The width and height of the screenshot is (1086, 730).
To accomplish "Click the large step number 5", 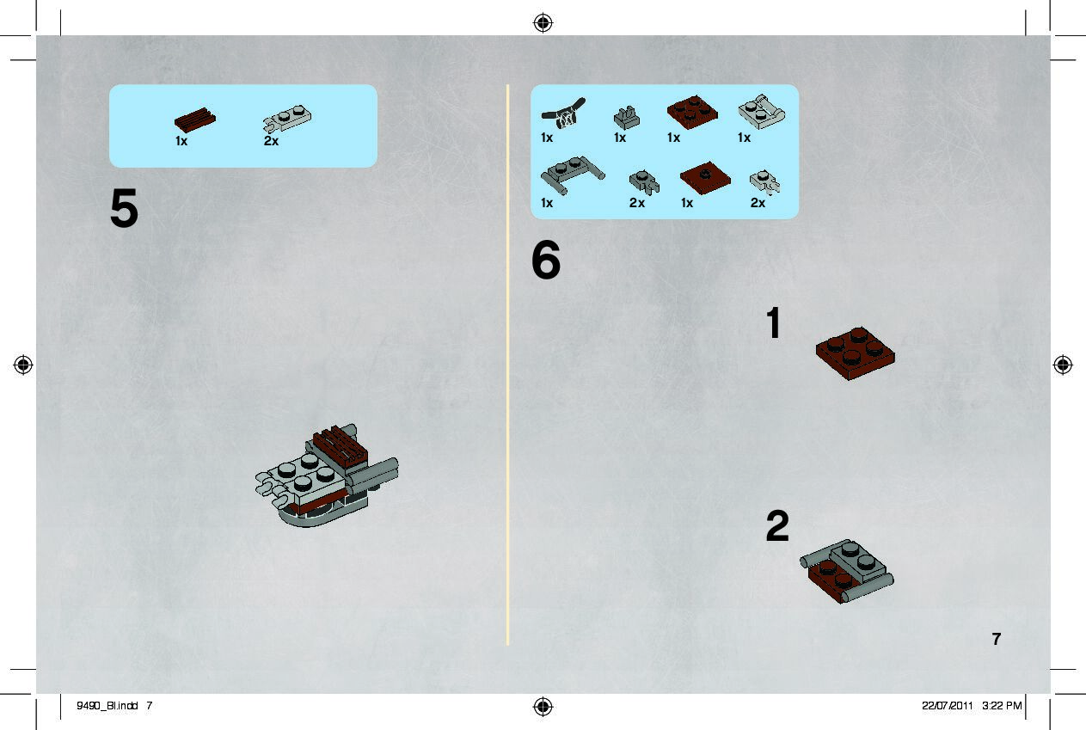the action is (x=124, y=208).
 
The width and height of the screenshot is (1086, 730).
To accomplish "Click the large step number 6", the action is (x=546, y=260).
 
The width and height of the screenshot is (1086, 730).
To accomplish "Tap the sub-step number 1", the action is (x=774, y=322).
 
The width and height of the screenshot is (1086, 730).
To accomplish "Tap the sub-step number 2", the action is (x=777, y=525).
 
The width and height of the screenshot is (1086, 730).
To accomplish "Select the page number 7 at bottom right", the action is (x=997, y=639).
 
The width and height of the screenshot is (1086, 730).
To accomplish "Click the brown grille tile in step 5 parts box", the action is (x=195, y=120).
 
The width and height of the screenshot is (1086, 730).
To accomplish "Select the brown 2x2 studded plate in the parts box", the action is (x=692, y=112).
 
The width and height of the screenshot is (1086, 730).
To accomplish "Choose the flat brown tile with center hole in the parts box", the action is (x=705, y=177).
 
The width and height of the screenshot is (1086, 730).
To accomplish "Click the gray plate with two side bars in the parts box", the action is (x=573, y=174).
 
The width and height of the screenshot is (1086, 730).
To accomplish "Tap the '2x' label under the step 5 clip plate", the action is (x=271, y=141).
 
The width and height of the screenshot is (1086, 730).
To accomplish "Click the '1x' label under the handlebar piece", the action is (x=547, y=138).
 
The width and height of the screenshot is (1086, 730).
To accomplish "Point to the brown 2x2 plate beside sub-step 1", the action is (x=856, y=353).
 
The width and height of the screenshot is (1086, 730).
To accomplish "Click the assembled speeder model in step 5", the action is (x=327, y=476).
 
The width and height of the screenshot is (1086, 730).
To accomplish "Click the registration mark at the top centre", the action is (x=543, y=22).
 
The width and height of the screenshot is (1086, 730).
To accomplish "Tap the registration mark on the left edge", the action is (x=23, y=365).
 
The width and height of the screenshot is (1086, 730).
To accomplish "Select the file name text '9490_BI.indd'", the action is (x=107, y=706).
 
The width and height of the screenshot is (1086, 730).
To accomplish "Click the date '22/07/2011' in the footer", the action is (x=948, y=706).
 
